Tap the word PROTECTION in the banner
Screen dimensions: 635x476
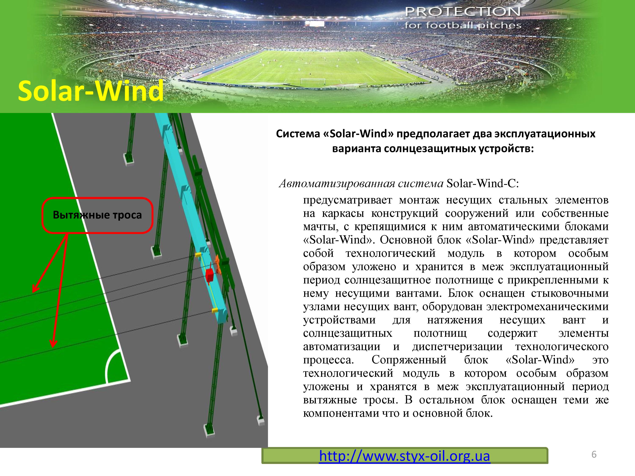pyautogui.click(x=462, y=12)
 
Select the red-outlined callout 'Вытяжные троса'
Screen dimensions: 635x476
pyautogui.click(x=97, y=215)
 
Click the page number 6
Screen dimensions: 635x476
pyautogui.click(x=594, y=454)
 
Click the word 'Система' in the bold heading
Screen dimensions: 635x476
pyautogui.click(x=297, y=134)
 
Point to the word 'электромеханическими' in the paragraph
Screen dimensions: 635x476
pyautogui.click(x=547, y=306)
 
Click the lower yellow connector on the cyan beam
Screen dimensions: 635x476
pyautogui.click(x=214, y=310)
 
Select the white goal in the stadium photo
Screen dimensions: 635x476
pyautogui.click(x=313, y=81)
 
